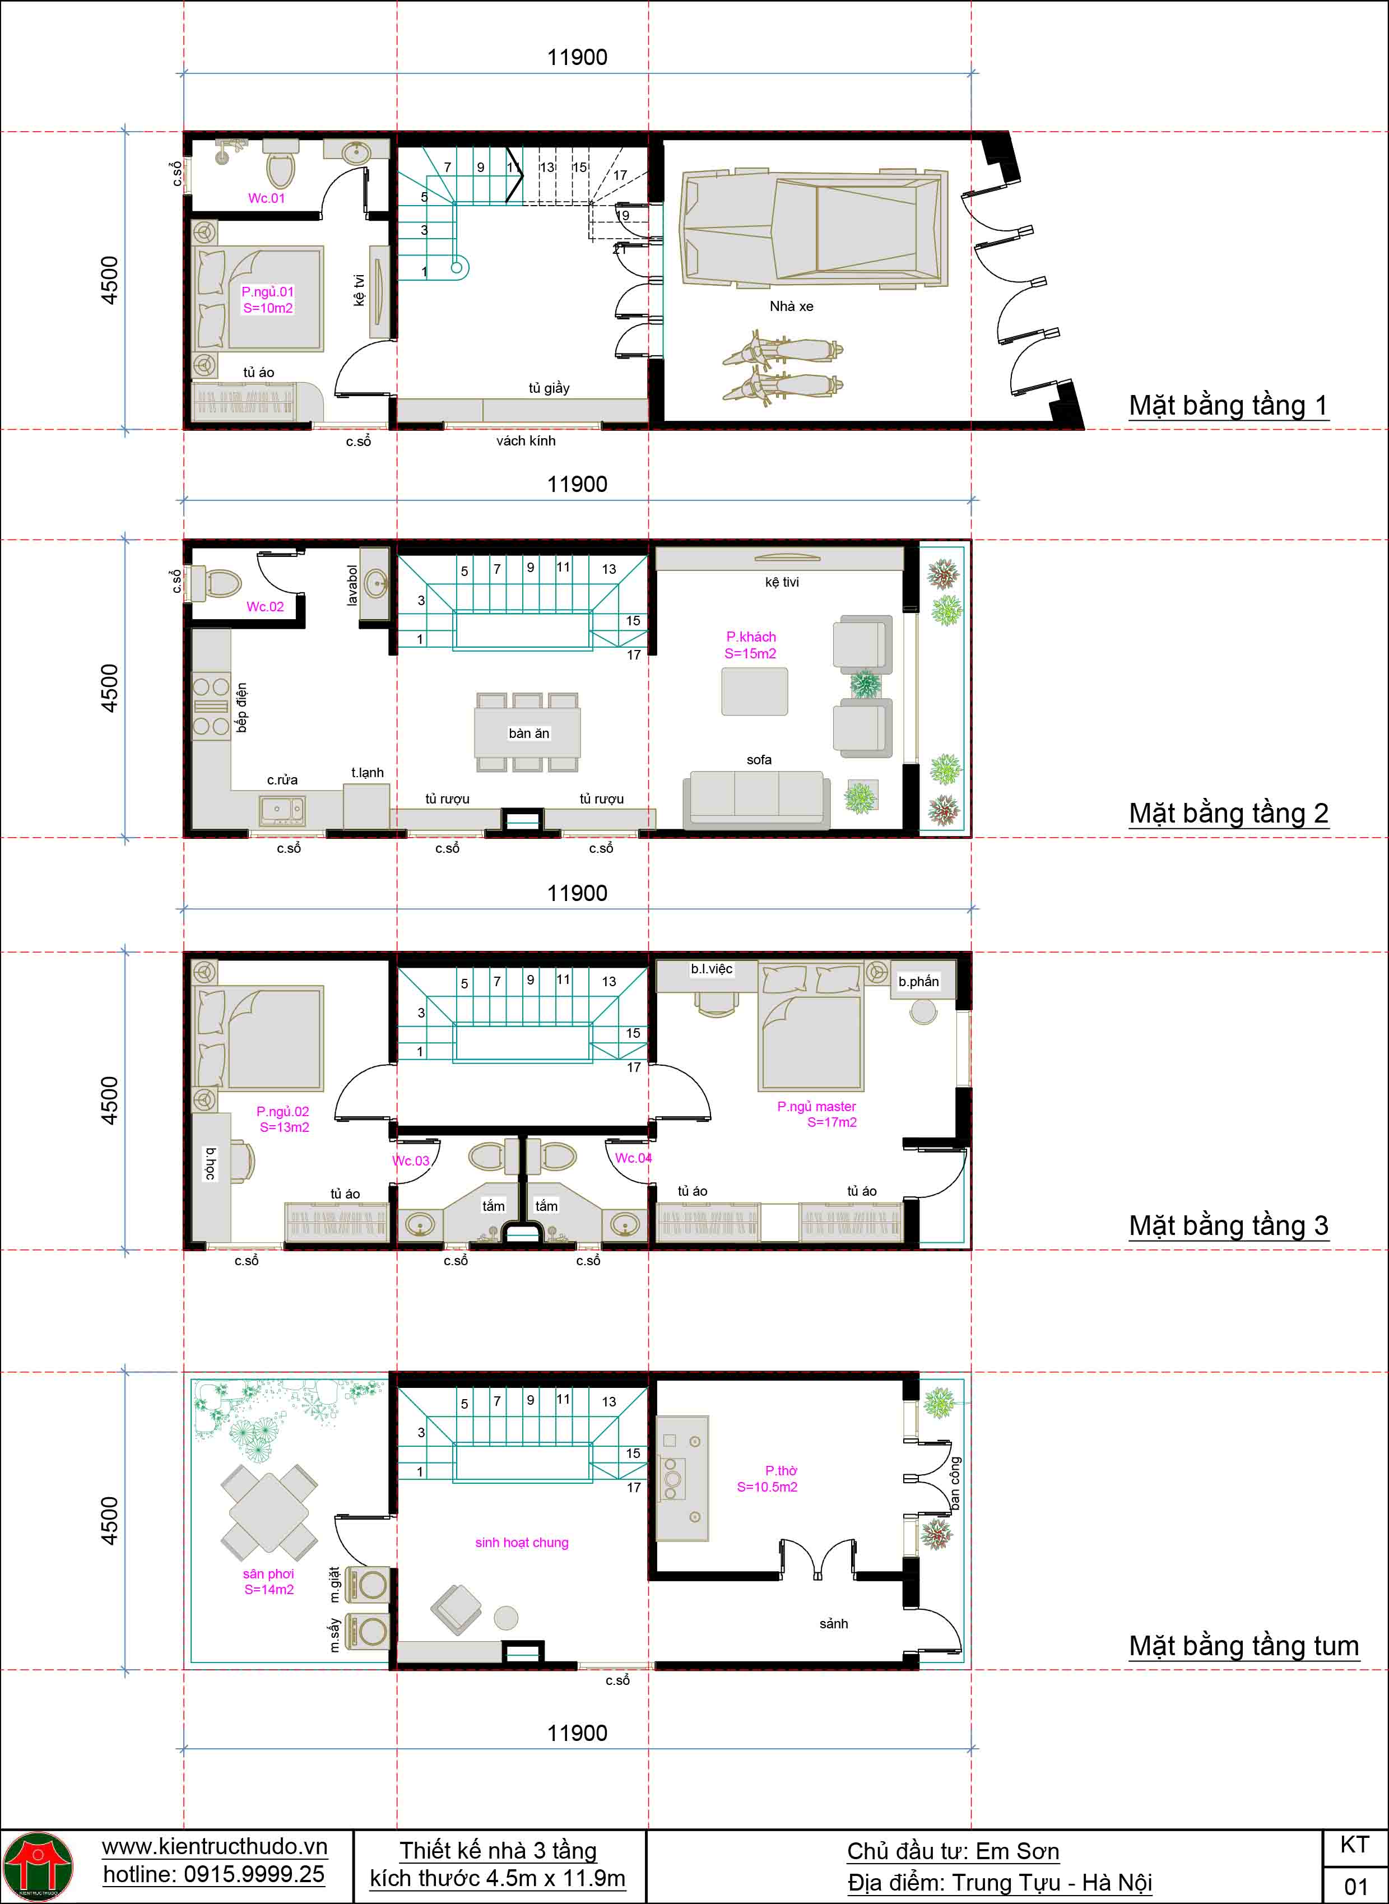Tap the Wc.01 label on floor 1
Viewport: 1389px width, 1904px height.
[x=267, y=198]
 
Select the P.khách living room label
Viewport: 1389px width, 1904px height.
[x=751, y=645]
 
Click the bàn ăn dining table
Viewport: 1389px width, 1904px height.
[x=528, y=732]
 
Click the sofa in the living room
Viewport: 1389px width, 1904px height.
[x=756, y=798]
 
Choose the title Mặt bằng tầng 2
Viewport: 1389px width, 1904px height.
[x=1228, y=814]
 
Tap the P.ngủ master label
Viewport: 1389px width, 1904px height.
[x=816, y=1114]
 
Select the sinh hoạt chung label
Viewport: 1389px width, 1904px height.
[x=521, y=1543]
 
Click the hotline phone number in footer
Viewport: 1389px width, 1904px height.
[x=213, y=1874]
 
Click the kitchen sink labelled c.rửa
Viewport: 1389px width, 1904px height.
[x=282, y=810]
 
